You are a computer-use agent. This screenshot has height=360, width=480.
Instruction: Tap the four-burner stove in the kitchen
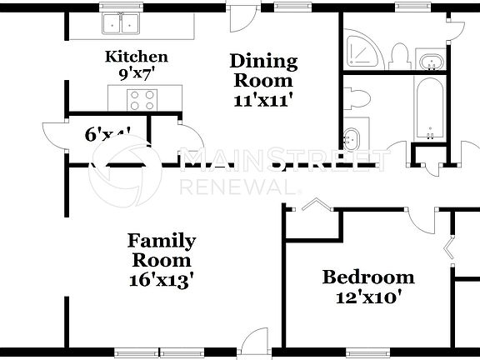pos(142,100)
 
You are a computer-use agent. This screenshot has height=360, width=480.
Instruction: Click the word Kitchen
pos(136,57)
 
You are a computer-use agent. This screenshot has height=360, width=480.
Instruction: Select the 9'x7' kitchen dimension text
pos(136,72)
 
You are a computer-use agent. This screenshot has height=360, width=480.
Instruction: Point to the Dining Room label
pos(263,71)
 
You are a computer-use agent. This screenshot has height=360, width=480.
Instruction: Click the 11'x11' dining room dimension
pos(263,98)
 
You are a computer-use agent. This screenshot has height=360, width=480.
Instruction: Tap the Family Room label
pos(162,251)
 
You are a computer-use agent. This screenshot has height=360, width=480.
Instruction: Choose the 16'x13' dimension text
pos(162,279)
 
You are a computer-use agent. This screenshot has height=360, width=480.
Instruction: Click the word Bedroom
pos(368,277)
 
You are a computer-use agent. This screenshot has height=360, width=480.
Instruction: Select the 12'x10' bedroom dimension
pos(368,297)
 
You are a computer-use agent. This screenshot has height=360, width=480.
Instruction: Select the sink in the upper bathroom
pos(431,61)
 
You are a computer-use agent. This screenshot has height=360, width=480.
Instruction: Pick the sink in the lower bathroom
pos(353,137)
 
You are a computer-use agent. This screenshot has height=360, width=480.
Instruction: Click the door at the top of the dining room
pos(242,17)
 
